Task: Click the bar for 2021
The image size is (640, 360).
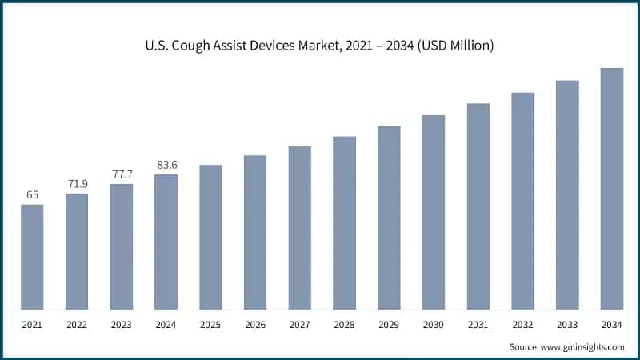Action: click(32, 257)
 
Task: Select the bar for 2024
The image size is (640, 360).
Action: click(166, 242)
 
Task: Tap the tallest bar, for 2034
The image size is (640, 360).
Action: click(612, 189)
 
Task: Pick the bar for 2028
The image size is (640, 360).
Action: click(344, 223)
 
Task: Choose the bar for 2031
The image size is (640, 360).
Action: click(478, 206)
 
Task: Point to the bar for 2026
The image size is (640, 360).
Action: click(255, 232)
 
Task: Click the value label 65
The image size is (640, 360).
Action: click(32, 194)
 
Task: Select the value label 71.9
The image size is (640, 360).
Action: click(77, 183)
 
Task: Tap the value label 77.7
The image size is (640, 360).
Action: click(122, 174)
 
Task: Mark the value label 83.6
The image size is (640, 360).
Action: click(166, 165)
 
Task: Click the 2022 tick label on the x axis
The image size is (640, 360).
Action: click(77, 325)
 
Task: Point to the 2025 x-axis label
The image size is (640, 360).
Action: click(210, 325)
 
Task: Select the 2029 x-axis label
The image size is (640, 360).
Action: click(389, 325)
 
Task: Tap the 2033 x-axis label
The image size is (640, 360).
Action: click(567, 325)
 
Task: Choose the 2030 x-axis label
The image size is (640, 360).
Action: click(434, 325)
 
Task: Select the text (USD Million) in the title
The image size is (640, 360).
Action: click(452, 46)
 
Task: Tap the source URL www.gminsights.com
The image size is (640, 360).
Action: click(582, 346)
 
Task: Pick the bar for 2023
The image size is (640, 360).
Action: click(122, 246)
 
